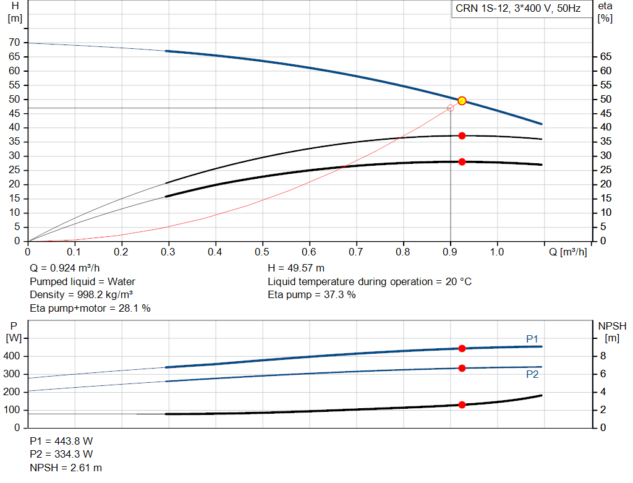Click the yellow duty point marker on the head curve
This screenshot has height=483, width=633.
462,101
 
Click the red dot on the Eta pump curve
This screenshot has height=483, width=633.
462,135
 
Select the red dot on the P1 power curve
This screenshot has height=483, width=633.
462,349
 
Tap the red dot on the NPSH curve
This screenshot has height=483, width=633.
462,404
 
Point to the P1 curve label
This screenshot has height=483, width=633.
532,339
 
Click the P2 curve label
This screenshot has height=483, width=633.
532,374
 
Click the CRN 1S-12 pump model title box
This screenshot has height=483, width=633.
522,9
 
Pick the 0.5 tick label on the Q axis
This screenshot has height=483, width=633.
262,252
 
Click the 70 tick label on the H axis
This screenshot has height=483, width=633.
14,43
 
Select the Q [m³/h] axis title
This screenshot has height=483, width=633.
567,252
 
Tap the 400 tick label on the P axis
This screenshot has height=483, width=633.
11,356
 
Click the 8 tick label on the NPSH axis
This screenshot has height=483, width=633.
603,356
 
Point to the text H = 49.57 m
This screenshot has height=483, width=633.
296,268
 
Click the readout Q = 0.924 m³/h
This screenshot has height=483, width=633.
64,268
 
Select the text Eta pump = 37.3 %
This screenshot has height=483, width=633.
312,295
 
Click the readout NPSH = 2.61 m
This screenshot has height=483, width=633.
66,468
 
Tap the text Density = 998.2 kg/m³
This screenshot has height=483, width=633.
81,295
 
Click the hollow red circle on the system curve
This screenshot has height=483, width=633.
451,108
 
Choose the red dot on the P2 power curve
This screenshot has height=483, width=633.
462,369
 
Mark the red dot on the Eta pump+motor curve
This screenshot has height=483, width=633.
462,162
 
